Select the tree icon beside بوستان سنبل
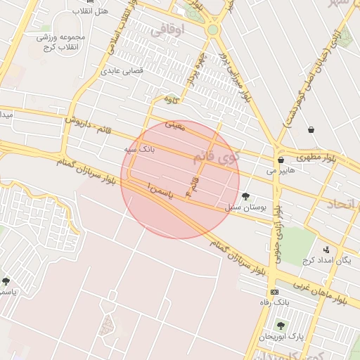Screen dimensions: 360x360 [245, 196]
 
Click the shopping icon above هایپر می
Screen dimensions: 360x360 [281, 160]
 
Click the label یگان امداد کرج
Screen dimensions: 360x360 [326, 260]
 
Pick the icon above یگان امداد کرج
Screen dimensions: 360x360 [326, 249]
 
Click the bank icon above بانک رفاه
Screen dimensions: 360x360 [274, 292]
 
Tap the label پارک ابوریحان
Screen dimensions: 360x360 [280, 336]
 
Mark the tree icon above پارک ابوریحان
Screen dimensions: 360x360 [281, 326]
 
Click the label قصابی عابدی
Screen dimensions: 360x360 [123, 70]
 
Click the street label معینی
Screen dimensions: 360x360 [174, 125]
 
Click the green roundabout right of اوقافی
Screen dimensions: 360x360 [212, 30]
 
